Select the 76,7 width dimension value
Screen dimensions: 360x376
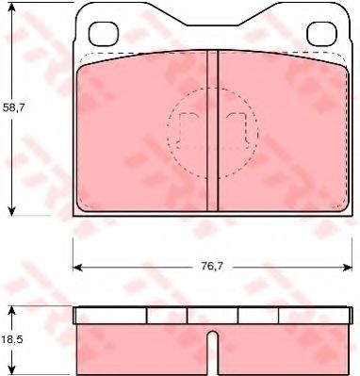click(x=212, y=267)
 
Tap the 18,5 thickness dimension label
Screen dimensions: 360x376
click(x=11, y=339)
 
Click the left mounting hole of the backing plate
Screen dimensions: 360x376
click(x=104, y=34)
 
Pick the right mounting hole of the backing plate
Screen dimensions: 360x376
click(x=320, y=34)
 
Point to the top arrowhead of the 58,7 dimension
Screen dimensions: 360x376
click(x=11, y=7)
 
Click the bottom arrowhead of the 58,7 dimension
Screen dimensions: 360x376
click(x=11, y=211)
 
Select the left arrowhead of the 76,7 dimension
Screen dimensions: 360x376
click(x=77, y=268)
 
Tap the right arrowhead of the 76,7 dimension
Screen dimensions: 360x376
click(x=347, y=268)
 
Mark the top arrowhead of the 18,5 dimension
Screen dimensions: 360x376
click(x=11, y=311)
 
